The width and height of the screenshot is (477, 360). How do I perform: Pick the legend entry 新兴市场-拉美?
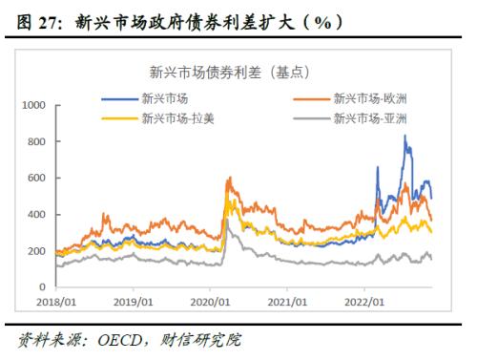pos(170,118)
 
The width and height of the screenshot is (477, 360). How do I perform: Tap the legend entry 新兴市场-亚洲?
pos(370,118)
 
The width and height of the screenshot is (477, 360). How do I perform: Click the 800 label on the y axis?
pos(36,141)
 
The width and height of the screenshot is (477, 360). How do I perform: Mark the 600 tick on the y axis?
pos(36,178)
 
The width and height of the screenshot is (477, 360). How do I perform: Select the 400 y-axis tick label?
pos(36,214)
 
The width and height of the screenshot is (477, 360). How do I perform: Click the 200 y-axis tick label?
pos(36,250)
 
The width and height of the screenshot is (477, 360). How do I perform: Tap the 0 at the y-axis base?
pos(43,286)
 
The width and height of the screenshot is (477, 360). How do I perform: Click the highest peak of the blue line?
pos(406,136)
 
